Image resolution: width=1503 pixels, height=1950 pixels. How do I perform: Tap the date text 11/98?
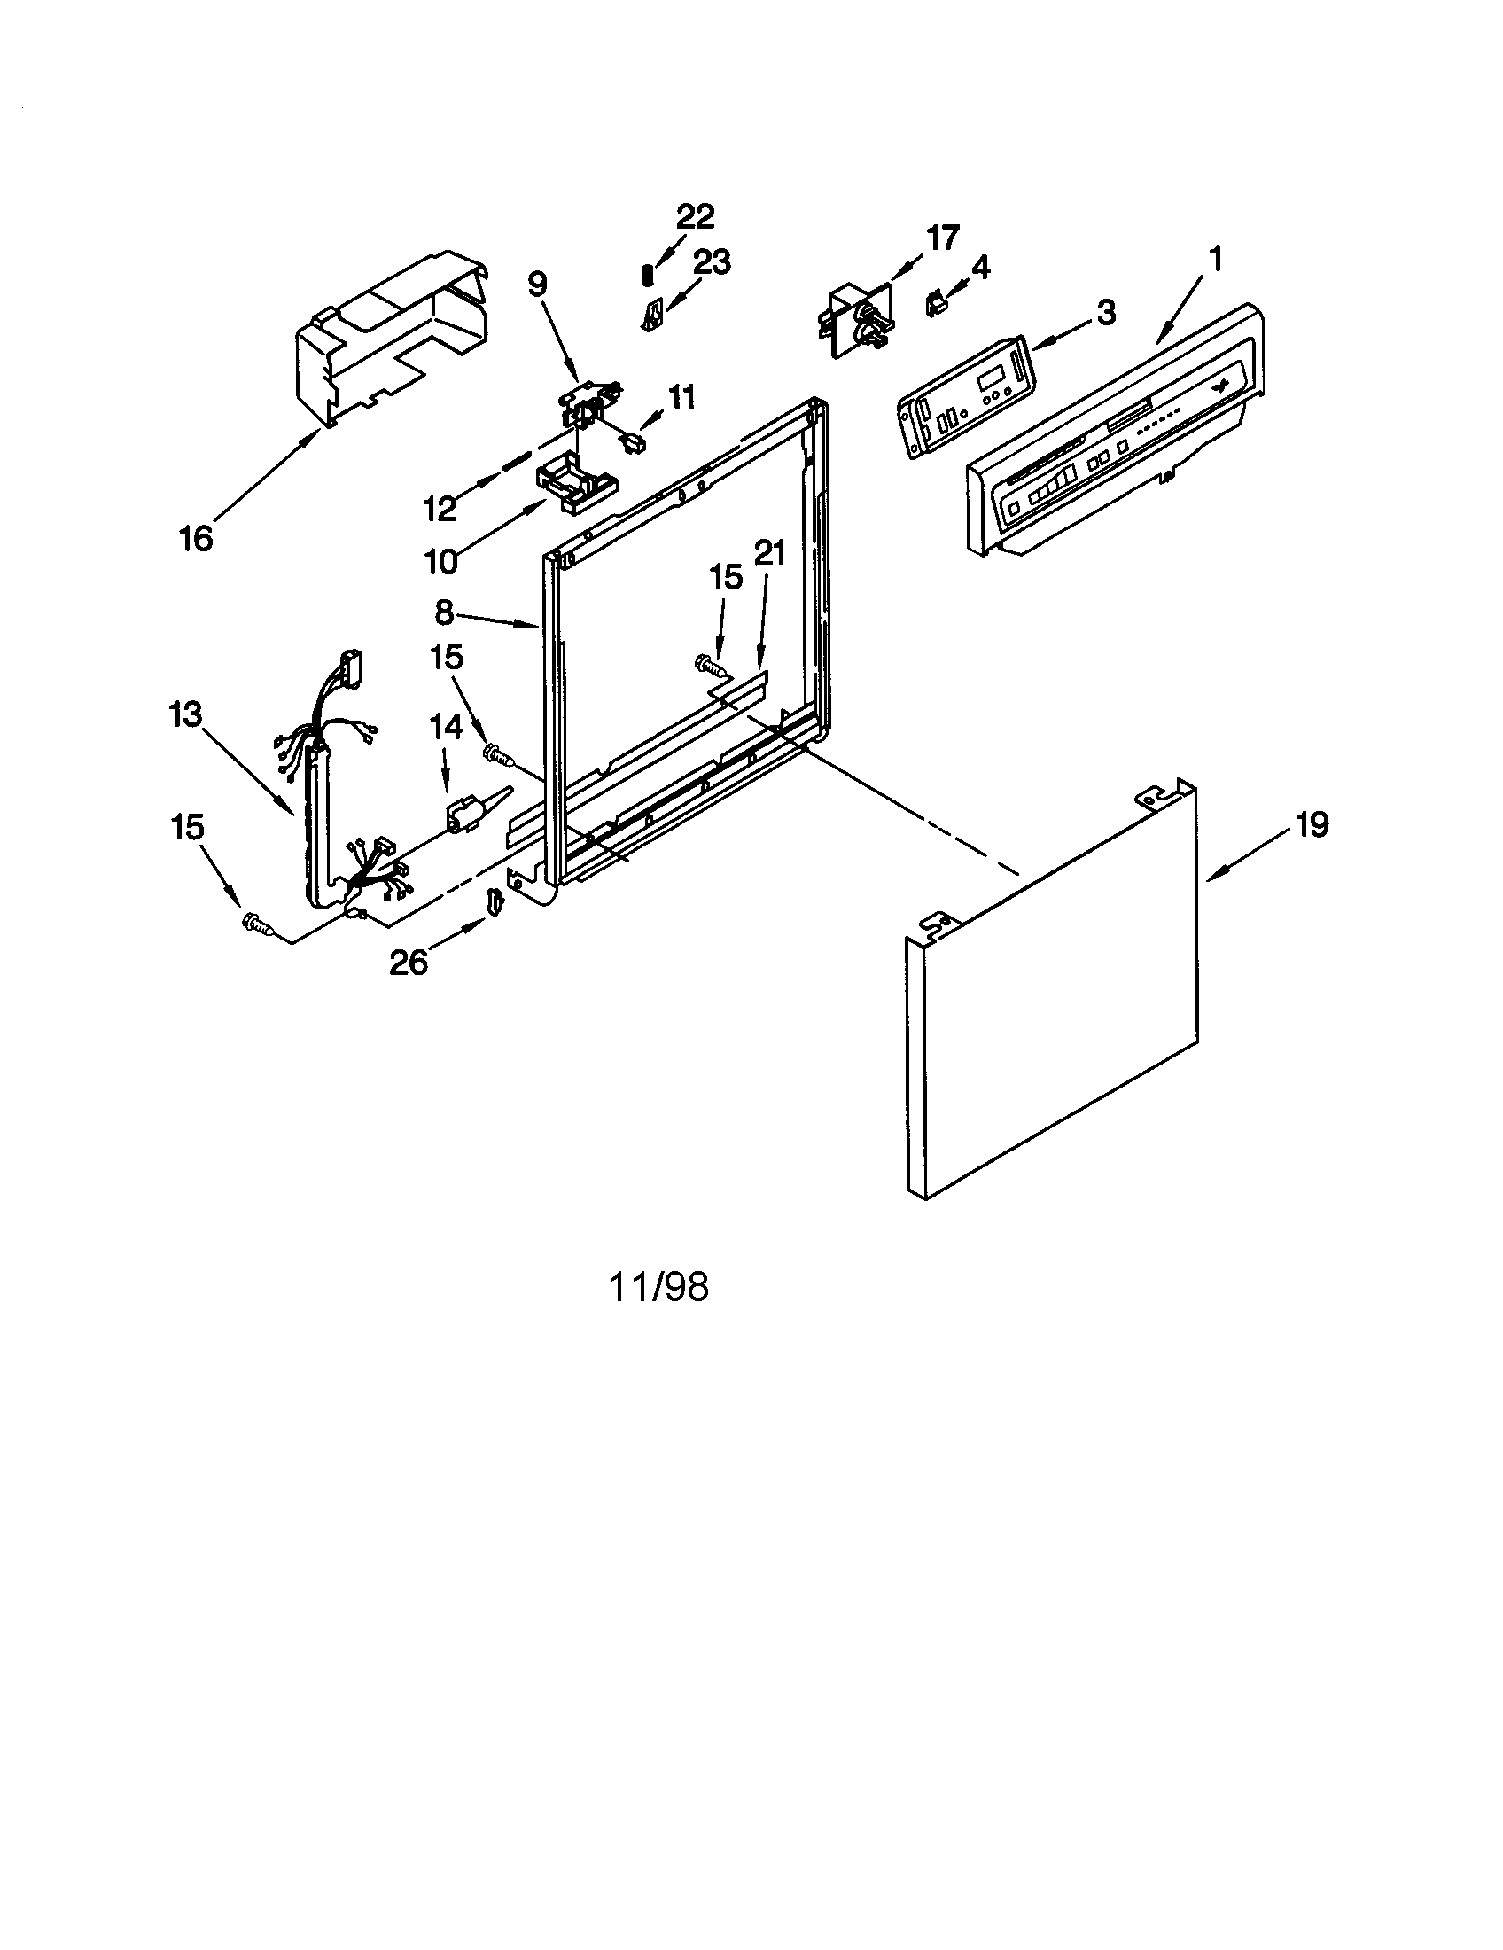point(658,1287)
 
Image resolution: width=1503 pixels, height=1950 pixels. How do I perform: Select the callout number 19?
point(1311,824)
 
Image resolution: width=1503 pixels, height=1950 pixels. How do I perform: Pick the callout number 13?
point(186,715)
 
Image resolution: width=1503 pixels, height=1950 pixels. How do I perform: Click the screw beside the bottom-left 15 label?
point(256,926)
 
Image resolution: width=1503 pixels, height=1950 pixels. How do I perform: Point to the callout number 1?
point(1214,259)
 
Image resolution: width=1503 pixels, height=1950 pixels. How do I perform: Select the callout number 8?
point(444,612)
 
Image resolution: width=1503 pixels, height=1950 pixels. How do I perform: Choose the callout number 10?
point(440,562)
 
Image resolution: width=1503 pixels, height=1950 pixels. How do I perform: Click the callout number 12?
point(440,509)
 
